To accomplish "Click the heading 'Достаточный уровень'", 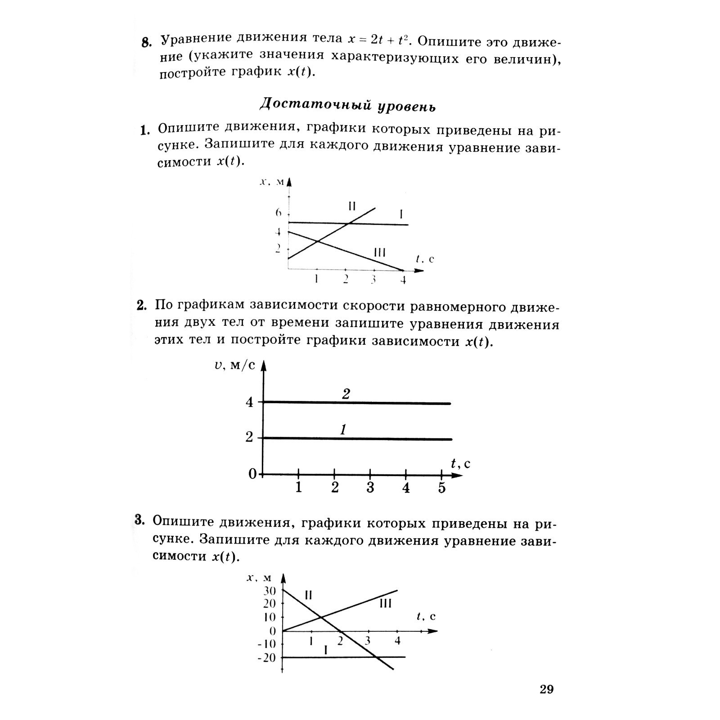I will tap(347, 105).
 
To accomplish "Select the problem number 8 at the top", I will tap(146, 43).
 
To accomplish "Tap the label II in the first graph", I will tap(352, 206).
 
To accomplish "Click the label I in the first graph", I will tap(401, 215).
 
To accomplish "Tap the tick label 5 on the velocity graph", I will tap(441, 488).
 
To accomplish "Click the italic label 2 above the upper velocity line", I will tap(346, 394).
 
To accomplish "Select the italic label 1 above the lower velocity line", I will tap(343, 430).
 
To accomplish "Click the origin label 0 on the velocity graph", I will tap(252, 474).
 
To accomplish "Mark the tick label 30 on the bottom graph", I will tap(269, 590).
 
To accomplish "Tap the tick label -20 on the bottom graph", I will tap(266, 658).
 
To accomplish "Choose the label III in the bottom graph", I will tap(386, 603).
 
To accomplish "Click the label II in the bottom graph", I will tap(308, 595).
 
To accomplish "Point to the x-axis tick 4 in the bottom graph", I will tap(397, 641).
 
